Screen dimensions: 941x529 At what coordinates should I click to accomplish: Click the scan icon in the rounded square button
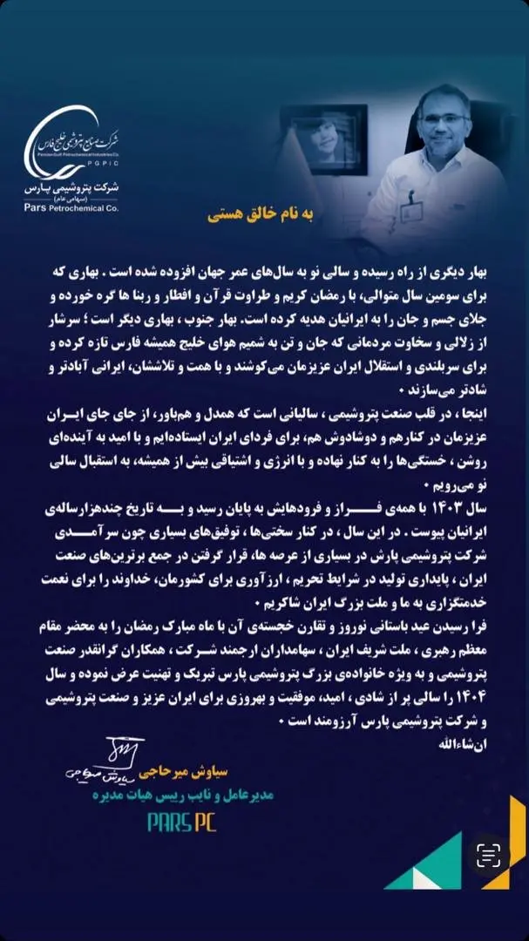click(489, 856)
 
